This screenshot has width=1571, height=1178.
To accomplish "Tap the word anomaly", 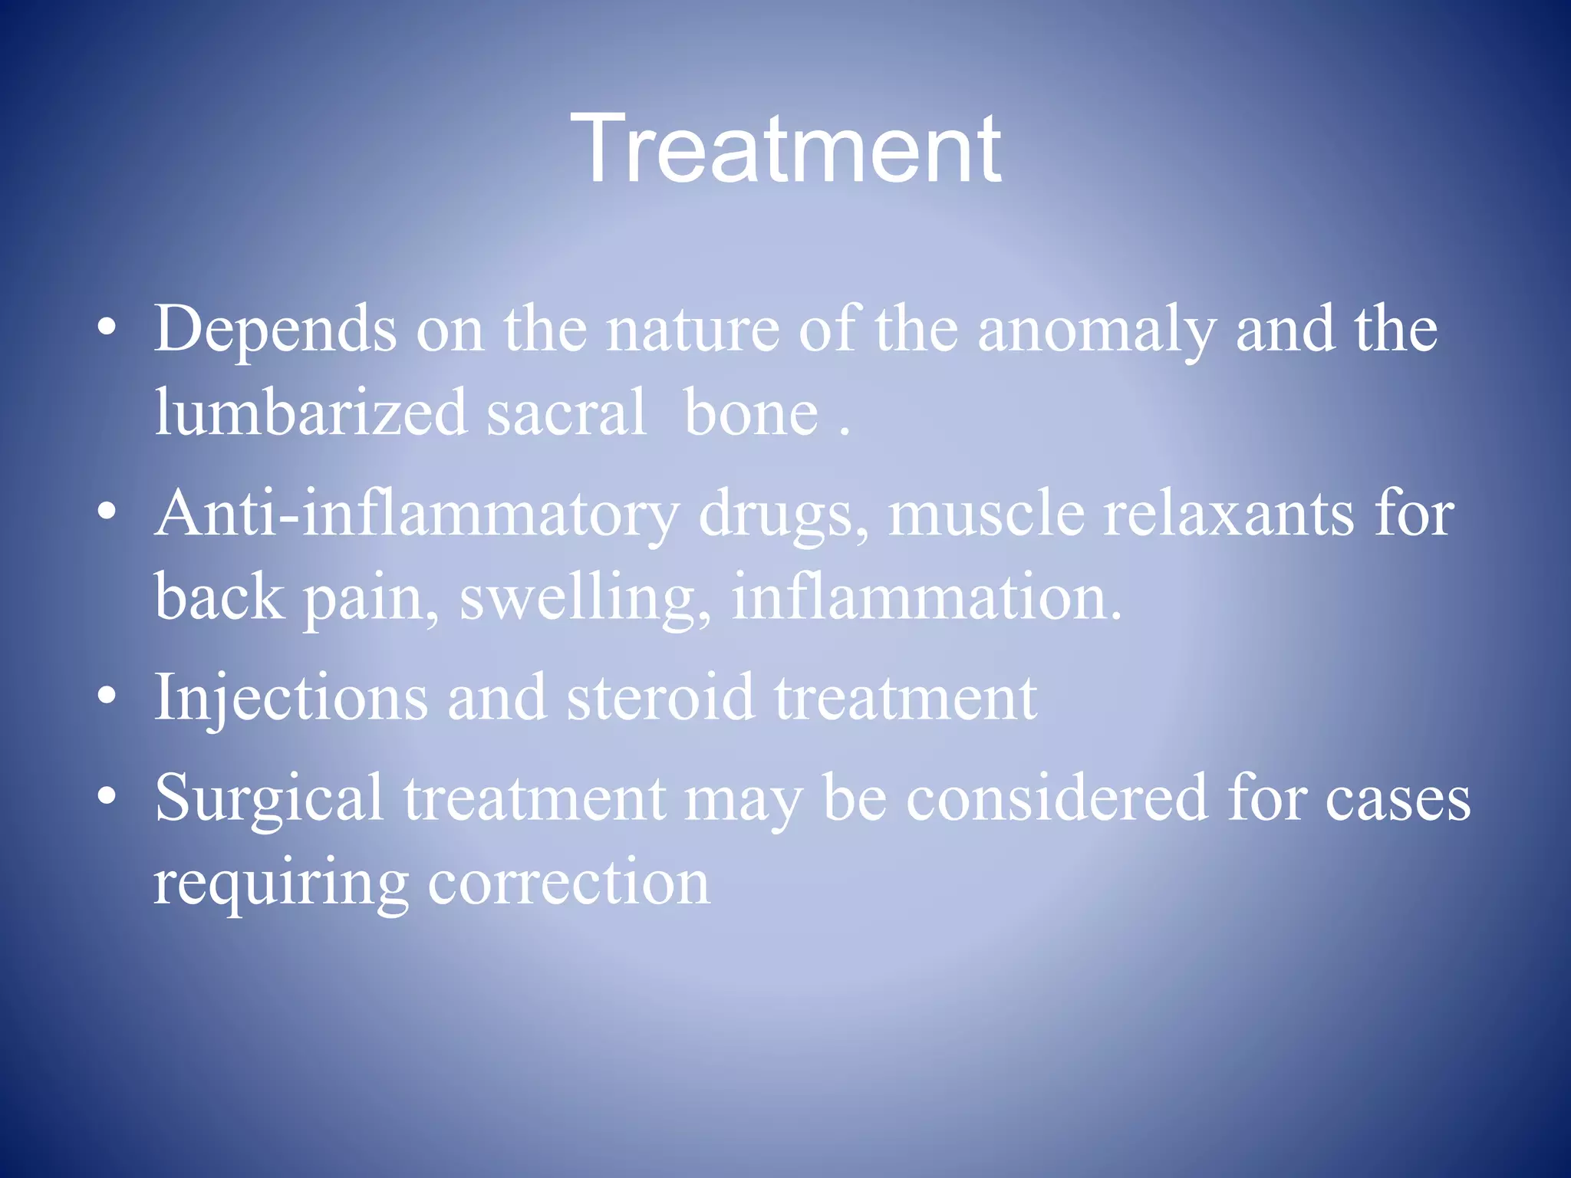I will (x=1096, y=330).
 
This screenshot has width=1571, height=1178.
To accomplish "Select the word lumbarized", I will (x=310, y=413).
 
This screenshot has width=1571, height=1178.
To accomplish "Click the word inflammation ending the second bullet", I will (x=925, y=597).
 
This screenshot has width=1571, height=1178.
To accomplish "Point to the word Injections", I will (x=291, y=698).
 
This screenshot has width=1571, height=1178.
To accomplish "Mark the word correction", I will (x=568, y=882).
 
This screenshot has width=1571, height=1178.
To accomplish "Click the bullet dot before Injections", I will (x=107, y=696).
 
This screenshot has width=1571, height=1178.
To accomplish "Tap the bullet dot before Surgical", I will (x=107, y=797).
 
